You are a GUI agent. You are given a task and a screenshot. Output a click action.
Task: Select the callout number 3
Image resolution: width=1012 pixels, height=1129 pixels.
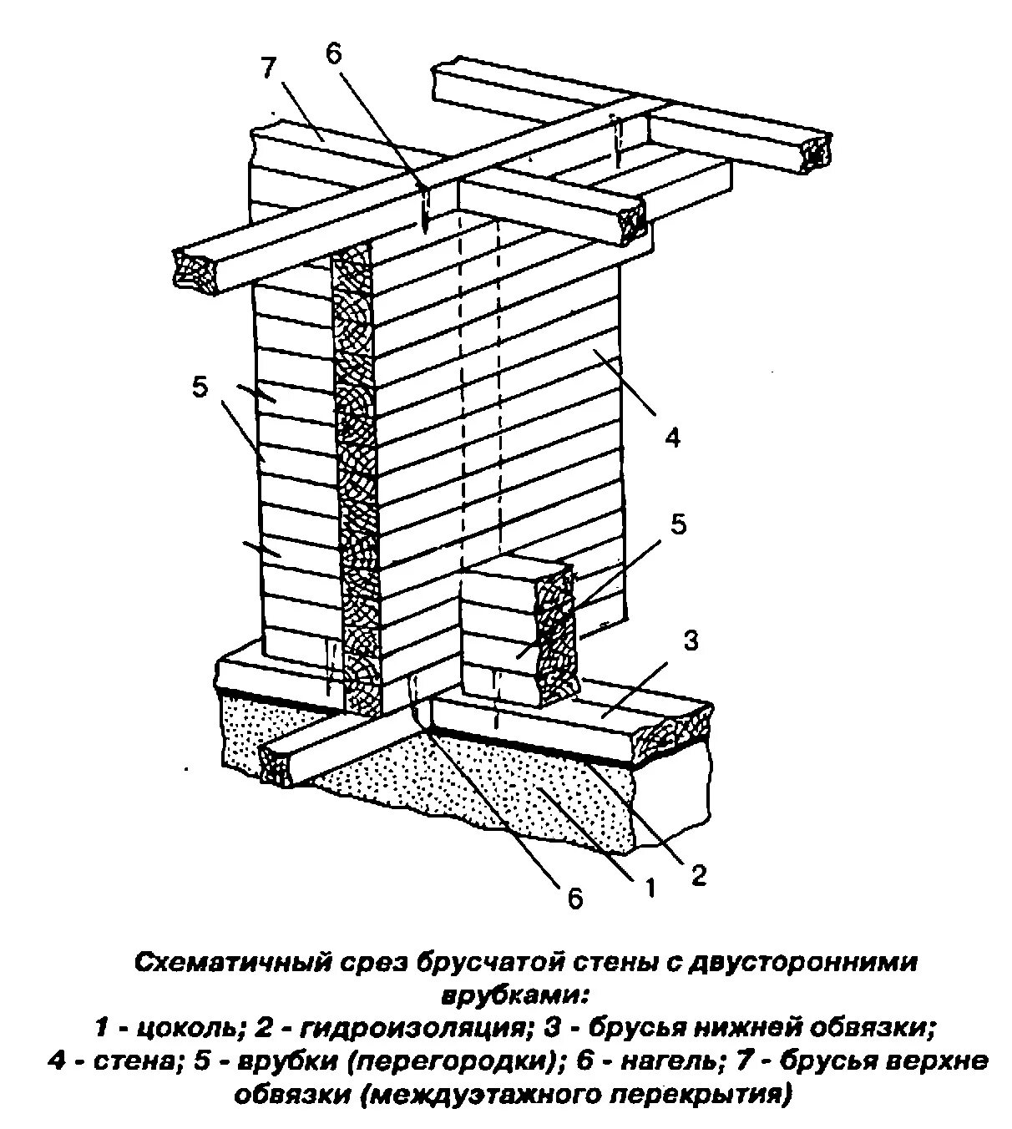[x=690, y=641]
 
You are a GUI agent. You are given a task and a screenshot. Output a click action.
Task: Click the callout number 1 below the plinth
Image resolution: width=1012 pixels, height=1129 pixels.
[x=649, y=889]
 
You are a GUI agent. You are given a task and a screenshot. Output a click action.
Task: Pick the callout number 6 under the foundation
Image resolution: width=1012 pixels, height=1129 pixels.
[x=574, y=899]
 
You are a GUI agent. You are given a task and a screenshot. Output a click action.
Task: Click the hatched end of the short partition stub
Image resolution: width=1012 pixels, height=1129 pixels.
[x=556, y=634]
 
